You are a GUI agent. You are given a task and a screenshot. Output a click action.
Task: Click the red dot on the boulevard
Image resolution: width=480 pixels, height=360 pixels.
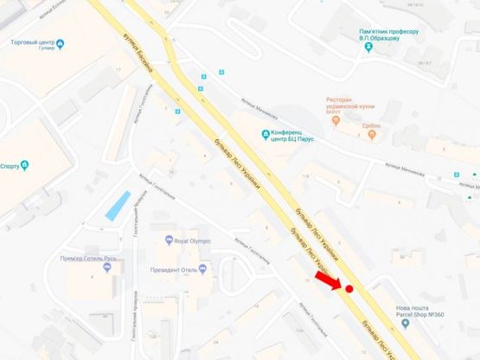pos(349,289)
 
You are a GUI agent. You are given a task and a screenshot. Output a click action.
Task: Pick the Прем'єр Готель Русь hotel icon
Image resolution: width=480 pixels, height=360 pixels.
pos(107,267)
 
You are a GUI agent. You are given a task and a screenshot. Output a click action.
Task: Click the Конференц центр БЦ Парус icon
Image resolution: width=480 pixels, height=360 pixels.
pos(266,132)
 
